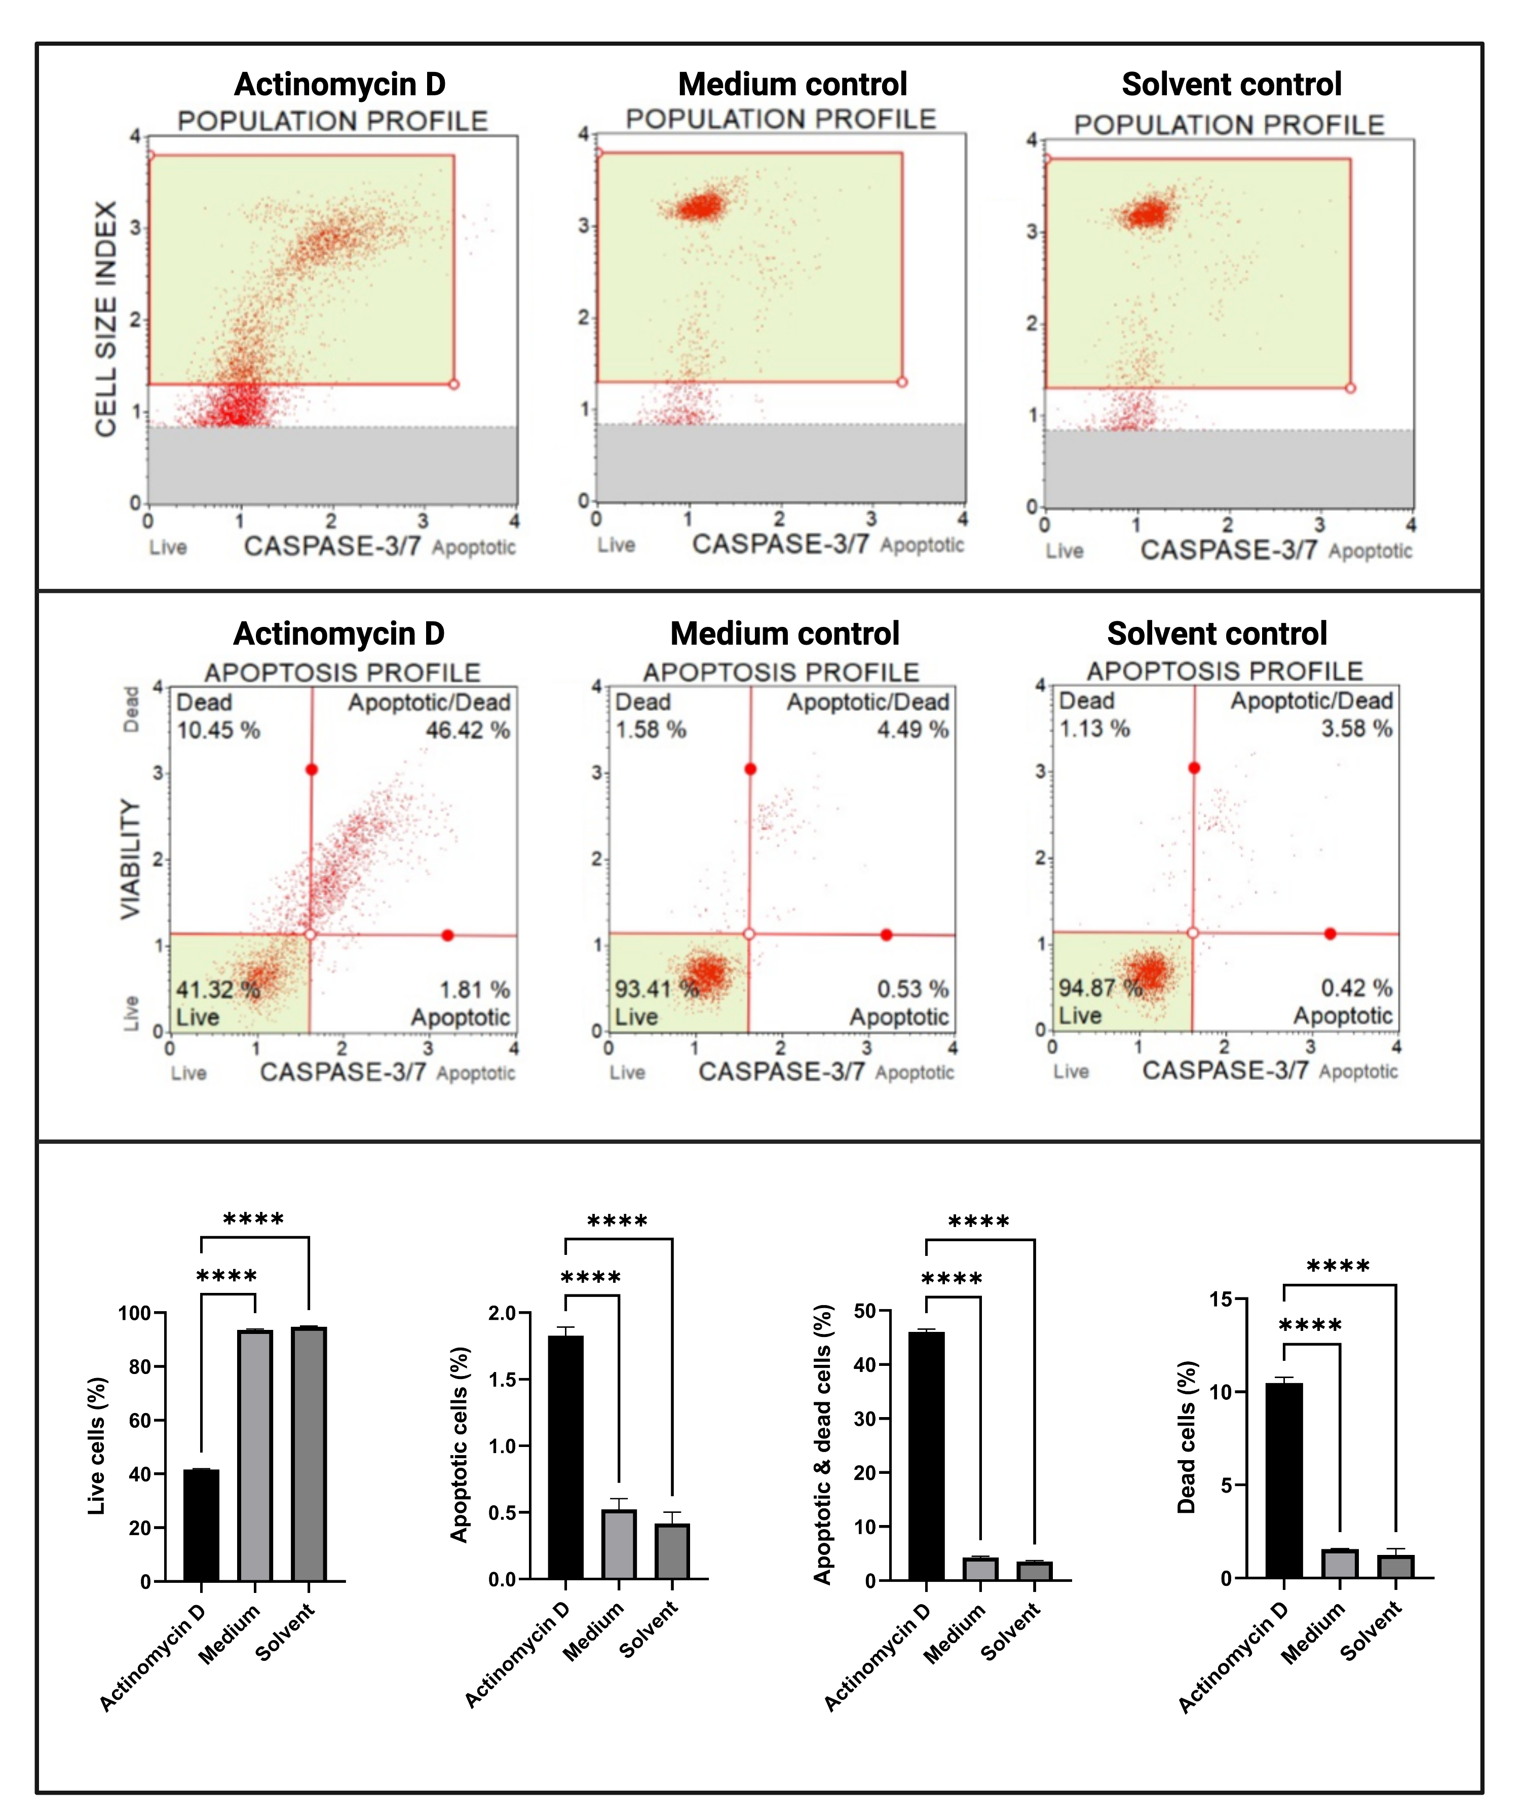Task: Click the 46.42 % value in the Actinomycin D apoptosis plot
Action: point(467,730)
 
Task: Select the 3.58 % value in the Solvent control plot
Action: point(1356,728)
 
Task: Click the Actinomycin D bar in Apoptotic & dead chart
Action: point(926,1456)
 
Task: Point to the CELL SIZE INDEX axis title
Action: point(106,319)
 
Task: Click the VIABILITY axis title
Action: point(130,858)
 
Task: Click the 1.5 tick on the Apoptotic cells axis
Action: point(503,1380)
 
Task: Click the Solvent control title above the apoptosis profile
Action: point(1217,634)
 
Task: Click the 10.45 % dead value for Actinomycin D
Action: point(218,730)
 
